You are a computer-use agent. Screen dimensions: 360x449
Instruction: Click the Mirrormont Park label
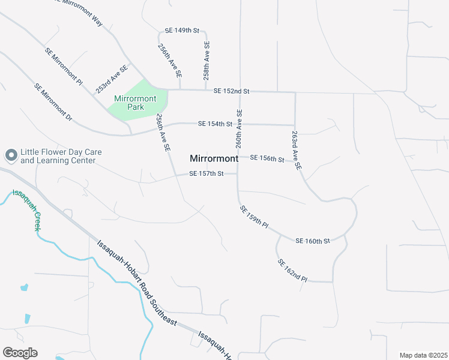click(135, 103)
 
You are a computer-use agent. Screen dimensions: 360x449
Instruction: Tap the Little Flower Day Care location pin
click(10, 156)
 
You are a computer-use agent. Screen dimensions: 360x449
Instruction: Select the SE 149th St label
click(182, 30)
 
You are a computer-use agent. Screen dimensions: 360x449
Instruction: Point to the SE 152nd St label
click(231, 91)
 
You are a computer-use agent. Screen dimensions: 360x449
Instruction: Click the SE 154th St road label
click(215, 124)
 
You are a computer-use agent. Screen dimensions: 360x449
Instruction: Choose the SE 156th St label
click(267, 158)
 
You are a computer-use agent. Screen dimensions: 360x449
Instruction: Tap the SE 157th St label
click(206, 174)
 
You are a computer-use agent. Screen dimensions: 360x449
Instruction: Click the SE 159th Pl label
click(254, 217)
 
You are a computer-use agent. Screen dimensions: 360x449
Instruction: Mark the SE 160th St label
click(313, 241)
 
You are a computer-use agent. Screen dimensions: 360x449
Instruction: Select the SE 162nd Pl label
click(292, 271)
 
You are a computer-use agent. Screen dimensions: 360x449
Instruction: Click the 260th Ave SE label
click(239, 129)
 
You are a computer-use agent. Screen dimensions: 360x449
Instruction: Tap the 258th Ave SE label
click(206, 61)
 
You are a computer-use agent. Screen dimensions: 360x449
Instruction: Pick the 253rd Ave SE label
click(112, 79)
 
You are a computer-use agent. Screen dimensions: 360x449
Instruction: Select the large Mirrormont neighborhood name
click(214, 159)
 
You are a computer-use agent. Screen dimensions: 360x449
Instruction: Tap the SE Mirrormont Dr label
click(53, 103)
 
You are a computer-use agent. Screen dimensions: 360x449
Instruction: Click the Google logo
click(20, 353)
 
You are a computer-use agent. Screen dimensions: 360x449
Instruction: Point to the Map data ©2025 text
click(423, 355)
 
